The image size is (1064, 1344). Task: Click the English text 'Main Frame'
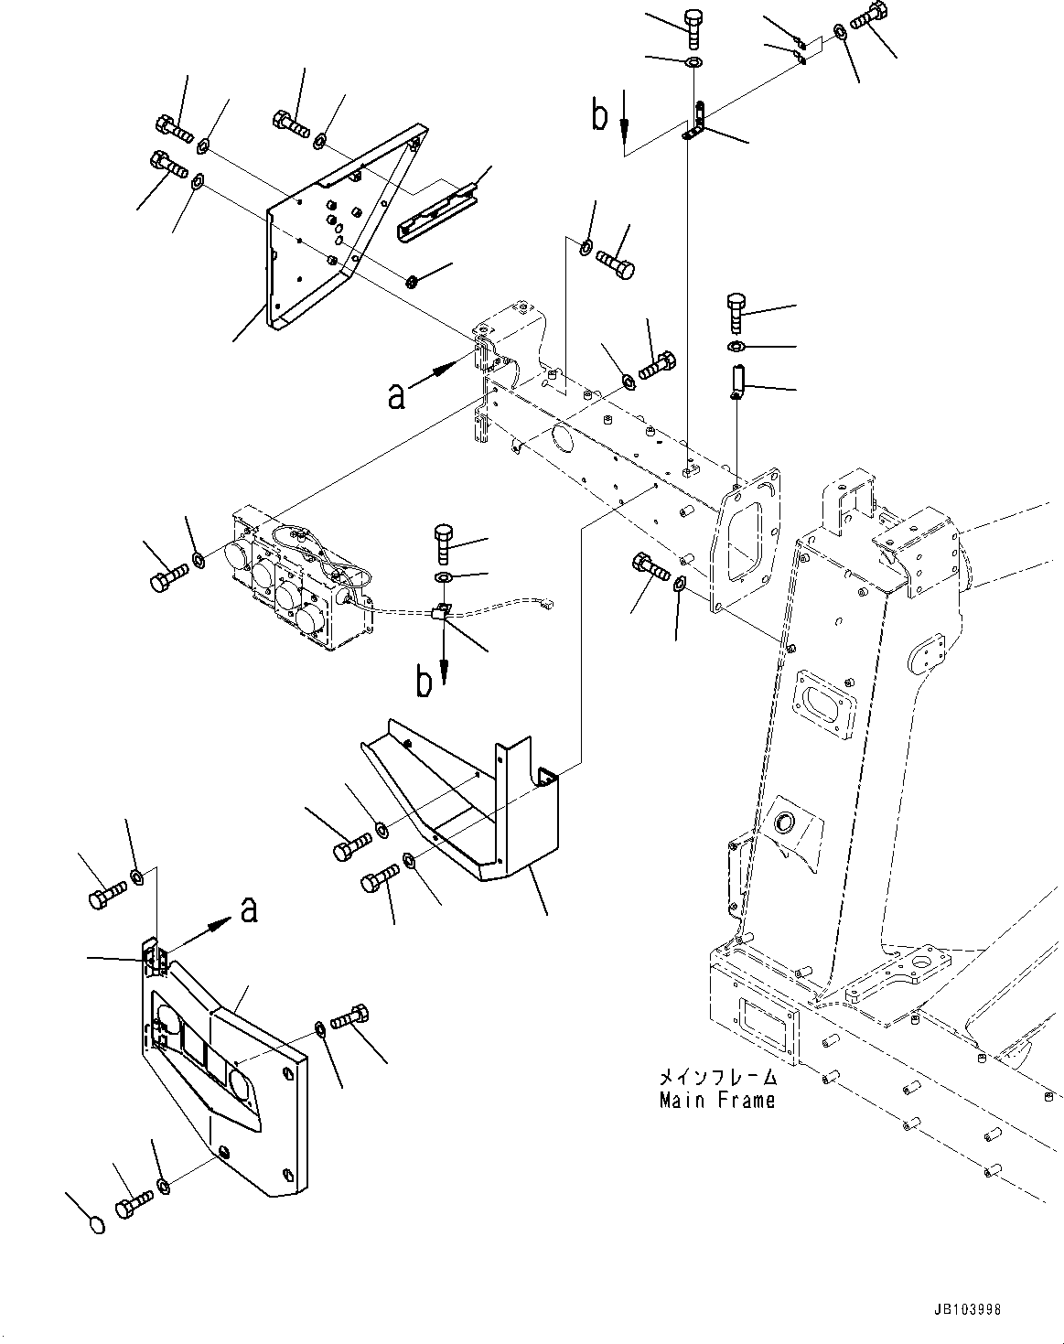pyautogui.click(x=716, y=1101)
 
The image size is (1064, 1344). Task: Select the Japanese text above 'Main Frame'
pyautogui.click(x=716, y=1078)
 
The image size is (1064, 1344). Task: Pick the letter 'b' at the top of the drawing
pyautogui.click(x=599, y=116)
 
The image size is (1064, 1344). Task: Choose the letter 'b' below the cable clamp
pyautogui.click(x=424, y=682)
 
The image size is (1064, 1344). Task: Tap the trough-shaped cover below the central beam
pyautogui.click(x=457, y=805)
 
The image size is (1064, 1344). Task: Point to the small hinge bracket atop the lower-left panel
pyautogui.click(x=154, y=956)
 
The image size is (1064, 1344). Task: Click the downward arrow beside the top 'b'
pyautogui.click(x=625, y=119)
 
